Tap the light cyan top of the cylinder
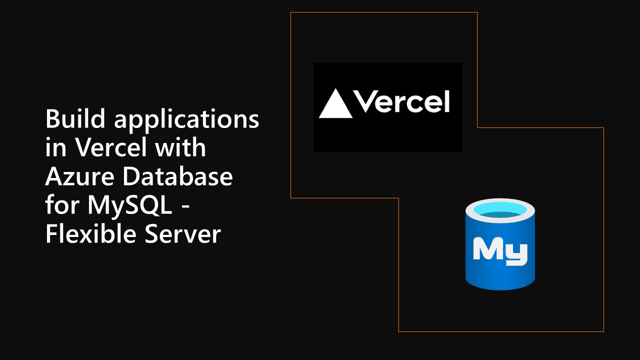pyautogui.click(x=500, y=209)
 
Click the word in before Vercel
pyautogui.click(x=55, y=148)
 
